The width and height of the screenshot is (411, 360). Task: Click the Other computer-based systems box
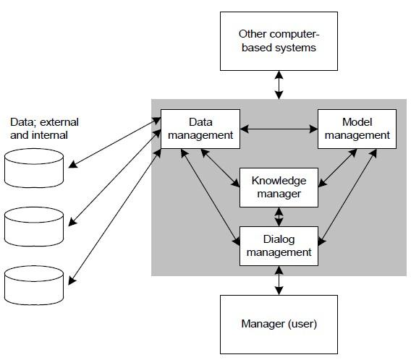pos(279,41)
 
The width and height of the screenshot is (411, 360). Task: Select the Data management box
pos(200,129)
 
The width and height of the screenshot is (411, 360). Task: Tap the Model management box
pos(357,129)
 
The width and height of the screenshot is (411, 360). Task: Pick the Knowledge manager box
pos(279,187)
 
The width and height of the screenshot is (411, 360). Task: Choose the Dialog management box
pos(279,246)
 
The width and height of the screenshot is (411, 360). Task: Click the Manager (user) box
pos(279,325)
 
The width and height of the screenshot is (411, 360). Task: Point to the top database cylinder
pos(34,168)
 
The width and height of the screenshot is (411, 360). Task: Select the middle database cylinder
pos(34,227)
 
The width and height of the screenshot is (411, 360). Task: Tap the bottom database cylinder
pos(34,286)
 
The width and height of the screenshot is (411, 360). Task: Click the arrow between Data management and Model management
pos(279,129)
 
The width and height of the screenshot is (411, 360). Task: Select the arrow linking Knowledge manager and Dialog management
pos(279,217)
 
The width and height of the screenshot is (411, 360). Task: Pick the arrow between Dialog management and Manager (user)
pos(279,280)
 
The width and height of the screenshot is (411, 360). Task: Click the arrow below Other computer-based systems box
pos(279,85)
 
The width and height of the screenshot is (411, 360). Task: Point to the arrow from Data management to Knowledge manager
pos(220,168)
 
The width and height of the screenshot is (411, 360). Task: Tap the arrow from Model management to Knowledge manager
pos(338,168)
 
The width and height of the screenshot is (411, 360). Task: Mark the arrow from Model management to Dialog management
pos(347,197)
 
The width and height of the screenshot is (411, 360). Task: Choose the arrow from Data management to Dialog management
pos(211,197)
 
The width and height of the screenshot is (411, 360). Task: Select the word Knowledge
pos(279,181)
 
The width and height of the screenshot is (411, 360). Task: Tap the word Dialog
pos(279,240)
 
